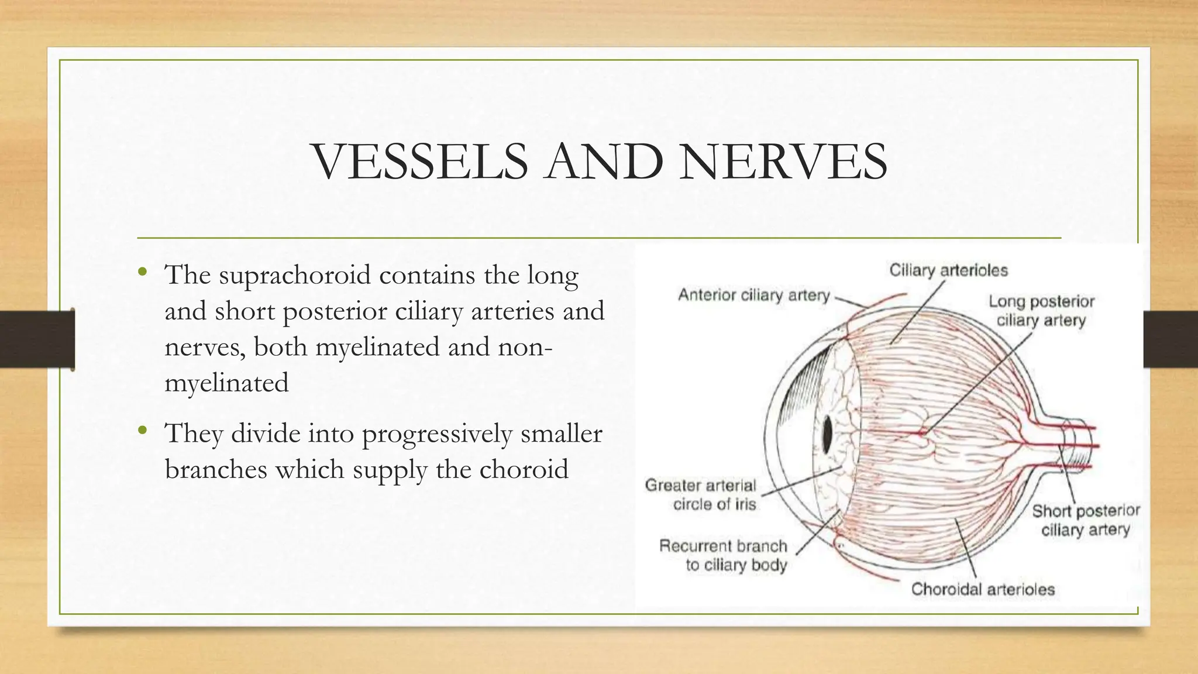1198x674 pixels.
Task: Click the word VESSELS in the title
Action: (421, 161)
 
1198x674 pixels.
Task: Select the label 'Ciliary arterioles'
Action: (948, 270)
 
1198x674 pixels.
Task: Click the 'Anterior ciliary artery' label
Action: (753, 295)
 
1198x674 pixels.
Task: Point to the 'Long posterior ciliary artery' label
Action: (1041, 311)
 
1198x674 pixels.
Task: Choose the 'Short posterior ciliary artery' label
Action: (1086, 520)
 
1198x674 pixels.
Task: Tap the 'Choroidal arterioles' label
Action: (983, 589)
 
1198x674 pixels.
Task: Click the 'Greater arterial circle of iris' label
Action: (701, 494)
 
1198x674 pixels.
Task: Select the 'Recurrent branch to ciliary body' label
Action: (723, 555)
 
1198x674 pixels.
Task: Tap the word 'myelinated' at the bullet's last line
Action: (227, 384)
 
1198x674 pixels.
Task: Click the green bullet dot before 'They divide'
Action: (142, 431)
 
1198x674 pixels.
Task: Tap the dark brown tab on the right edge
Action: (1171, 339)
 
